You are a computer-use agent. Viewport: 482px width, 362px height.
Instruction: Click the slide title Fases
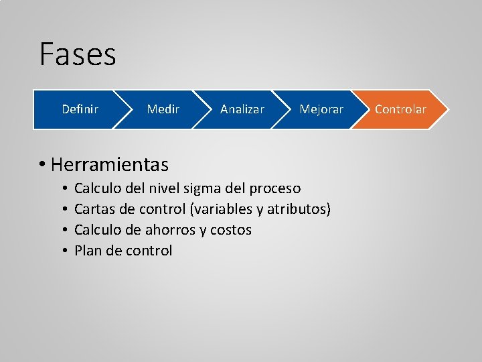(78, 54)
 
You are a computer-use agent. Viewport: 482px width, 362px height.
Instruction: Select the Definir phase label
(80, 109)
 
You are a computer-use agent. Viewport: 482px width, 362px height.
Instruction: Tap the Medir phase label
(163, 109)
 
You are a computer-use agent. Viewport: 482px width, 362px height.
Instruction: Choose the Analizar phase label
(242, 109)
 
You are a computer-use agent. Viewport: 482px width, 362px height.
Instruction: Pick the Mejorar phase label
(321, 109)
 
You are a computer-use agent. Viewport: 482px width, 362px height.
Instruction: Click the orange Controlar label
(400, 109)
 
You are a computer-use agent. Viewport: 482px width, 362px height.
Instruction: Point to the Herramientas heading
(109, 164)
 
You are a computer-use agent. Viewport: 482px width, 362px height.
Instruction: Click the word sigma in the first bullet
(206, 188)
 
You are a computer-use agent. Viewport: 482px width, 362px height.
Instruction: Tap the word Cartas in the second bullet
(94, 209)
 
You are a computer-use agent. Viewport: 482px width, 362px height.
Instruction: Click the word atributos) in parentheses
(299, 209)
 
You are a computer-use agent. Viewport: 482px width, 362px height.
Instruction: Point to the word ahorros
(171, 230)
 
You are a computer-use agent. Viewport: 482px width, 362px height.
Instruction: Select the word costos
(231, 230)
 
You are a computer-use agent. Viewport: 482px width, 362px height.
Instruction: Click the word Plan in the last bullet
(88, 251)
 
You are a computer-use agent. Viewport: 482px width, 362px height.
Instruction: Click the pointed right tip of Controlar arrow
(446, 109)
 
